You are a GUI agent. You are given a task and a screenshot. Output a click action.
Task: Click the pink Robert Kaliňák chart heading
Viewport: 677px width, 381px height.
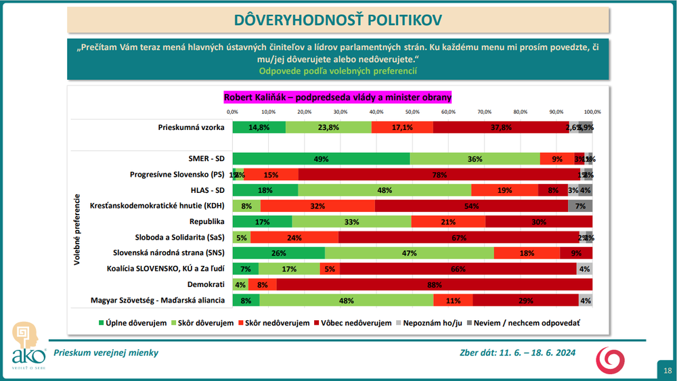tap(337, 97)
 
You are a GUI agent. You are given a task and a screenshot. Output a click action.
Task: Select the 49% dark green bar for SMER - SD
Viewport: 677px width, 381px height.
tap(321, 159)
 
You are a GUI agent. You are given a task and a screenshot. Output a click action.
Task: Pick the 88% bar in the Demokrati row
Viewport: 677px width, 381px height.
tap(434, 284)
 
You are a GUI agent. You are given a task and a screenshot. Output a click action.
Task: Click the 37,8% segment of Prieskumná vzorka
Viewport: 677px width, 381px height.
tap(501, 127)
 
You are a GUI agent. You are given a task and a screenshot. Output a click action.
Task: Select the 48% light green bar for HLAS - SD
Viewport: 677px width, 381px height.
tap(384, 190)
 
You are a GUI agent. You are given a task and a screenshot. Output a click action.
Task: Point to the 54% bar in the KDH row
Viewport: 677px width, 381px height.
tap(471, 206)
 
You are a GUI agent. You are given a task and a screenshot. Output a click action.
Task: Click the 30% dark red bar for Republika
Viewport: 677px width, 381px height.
tap(539, 221)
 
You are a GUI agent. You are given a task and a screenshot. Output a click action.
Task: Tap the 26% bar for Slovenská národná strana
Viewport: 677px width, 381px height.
tap(278, 253)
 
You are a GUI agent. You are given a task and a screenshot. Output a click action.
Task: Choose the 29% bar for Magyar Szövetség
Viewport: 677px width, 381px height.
tap(525, 300)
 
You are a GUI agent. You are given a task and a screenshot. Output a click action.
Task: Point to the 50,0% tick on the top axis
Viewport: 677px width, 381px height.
tap(412, 112)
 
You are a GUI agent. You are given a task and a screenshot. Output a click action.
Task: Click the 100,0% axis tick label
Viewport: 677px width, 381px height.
tap(592, 112)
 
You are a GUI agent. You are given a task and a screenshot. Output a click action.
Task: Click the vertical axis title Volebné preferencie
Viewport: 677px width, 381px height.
tap(78, 230)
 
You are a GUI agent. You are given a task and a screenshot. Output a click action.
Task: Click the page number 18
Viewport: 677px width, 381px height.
tap(666, 370)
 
